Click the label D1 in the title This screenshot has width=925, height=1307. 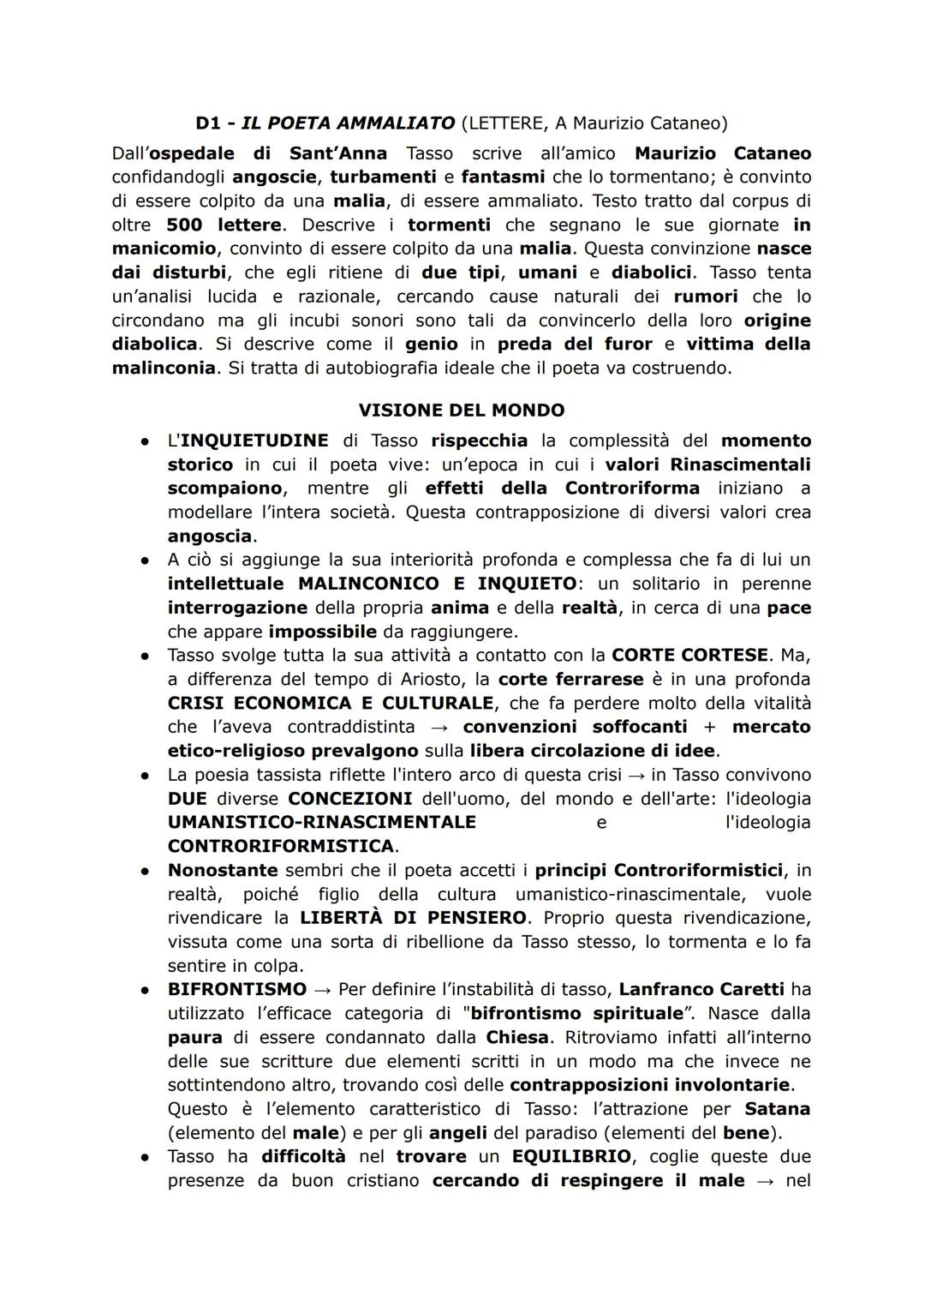[x=208, y=123]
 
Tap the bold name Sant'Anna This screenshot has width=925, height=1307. [x=338, y=153]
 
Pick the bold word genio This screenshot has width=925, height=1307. [x=432, y=345]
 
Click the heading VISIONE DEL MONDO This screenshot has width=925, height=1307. [x=462, y=411]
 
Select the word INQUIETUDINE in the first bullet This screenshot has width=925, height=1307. [x=254, y=441]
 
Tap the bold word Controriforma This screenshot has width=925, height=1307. [x=632, y=489]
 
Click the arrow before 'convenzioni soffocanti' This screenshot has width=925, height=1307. [x=439, y=728]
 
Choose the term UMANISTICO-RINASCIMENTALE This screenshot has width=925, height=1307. [x=322, y=823]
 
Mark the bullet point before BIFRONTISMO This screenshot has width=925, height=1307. [x=146, y=990]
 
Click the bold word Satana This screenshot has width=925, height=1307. [x=778, y=1109]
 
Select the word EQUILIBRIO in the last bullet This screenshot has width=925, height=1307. [x=571, y=1157]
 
